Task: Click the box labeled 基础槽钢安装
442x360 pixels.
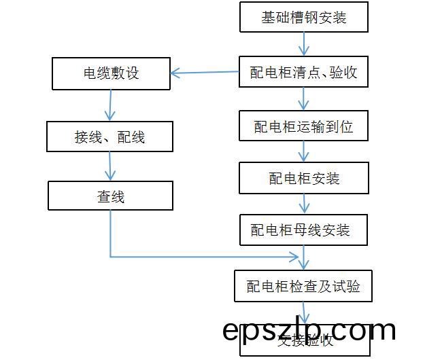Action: (304, 17)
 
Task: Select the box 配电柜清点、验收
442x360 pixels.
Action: (304, 71)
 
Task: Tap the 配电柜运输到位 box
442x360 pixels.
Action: (304, 126)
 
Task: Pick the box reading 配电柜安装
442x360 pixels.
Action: (304, 178)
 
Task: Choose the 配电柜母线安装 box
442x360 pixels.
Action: (304, 230)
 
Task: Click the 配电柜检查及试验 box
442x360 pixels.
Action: (304, 286)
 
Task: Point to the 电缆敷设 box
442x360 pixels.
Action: (111, 73)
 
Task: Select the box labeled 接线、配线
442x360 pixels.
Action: (109, 137)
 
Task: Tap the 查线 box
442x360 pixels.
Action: (110, 196)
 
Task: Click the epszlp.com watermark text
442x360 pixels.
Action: (309, 330)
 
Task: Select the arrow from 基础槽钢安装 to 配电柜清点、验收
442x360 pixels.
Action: (304, 43)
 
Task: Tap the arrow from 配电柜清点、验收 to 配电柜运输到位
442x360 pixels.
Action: (304, 98)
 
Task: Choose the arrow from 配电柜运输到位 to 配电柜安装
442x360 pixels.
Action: (304, 151)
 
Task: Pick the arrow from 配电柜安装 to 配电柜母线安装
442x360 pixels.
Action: (304, 204)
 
